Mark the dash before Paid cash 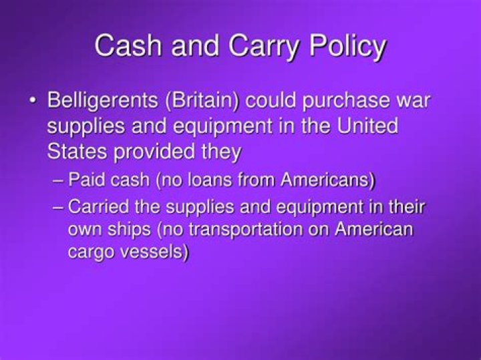58,181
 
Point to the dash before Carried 58,206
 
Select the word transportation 240,229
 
